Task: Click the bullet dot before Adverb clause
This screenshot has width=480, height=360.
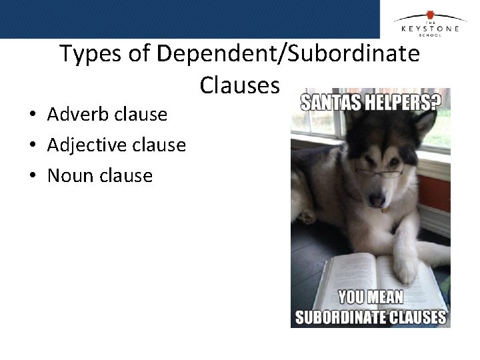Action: [32, 115]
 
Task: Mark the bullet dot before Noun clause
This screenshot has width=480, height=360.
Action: [32, 176]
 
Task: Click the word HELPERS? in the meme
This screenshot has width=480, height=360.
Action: [408, 102]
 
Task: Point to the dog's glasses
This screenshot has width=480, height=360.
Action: [379, 171]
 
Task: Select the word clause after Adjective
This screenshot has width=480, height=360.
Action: [162, 145]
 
